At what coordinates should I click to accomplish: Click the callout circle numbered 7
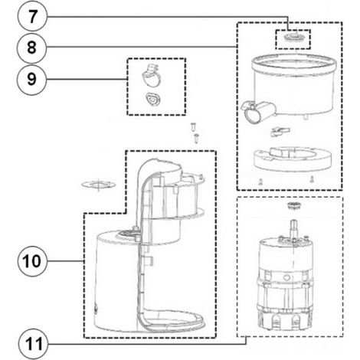coord(32,17)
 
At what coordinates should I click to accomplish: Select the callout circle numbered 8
coord(31,48)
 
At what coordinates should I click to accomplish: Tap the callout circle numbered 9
coord(31,80)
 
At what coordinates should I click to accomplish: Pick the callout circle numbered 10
coord(32,261)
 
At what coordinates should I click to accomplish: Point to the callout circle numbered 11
coord(34,344)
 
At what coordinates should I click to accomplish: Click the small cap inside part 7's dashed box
coord(293,37)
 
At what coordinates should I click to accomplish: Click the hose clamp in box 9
coord(150,75)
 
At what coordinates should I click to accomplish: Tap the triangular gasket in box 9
coord(152,100)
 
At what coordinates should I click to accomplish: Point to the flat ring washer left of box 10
coord(98,185)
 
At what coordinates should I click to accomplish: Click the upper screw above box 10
coord(193,126)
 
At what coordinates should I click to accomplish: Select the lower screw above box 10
coord(196,138)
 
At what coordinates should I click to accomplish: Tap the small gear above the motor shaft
coord(293,205)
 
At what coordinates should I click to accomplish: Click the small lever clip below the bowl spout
coord(280,132)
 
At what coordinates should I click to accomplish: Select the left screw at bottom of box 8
coord(260,181)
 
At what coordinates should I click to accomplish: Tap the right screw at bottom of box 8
coord(311,179)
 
